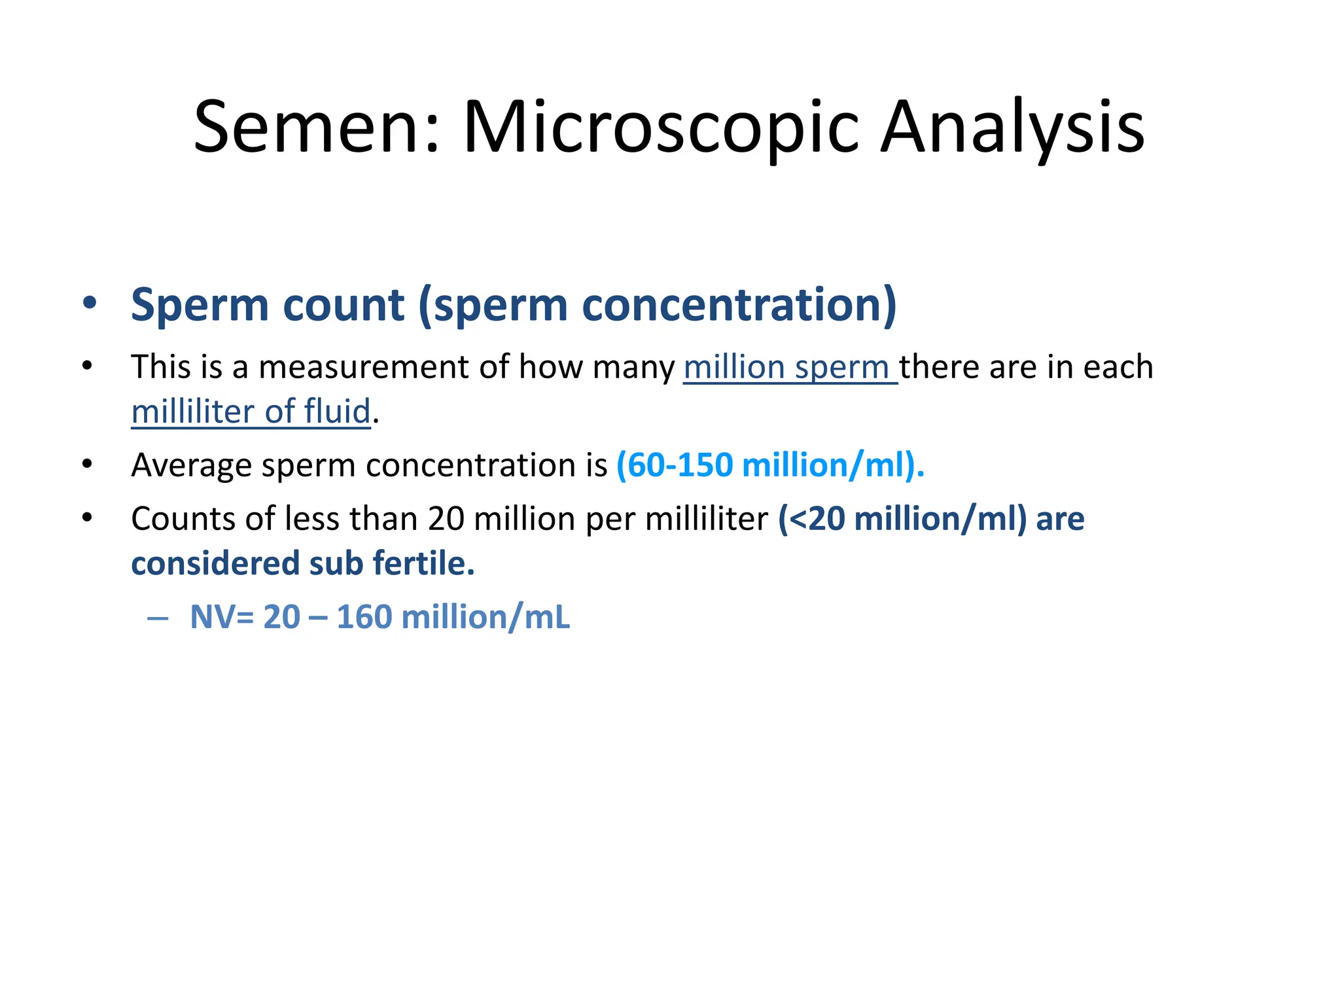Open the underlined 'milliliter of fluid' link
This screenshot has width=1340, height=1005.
pos(251,412)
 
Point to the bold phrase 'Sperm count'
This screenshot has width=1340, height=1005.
pos(268,305)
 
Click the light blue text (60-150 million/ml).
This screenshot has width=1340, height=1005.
pos(770,465)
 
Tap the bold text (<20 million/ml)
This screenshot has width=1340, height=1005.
pos(902,519)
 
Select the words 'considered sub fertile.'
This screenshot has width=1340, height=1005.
pos(303,563)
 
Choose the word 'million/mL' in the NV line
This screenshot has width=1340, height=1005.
pos(485,617)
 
